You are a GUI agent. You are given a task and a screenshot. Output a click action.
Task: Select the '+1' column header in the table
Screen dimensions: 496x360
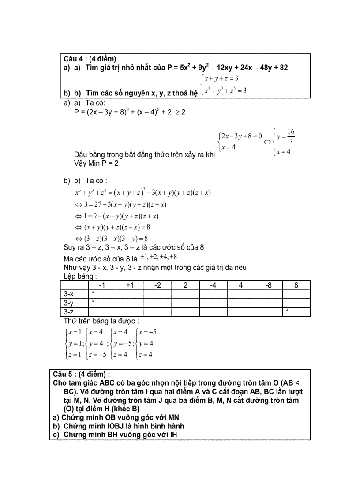pyautogui.click(x=130, y=285)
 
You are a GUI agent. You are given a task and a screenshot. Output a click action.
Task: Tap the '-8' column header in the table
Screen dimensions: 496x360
pyautogui.click(x=268, y=285)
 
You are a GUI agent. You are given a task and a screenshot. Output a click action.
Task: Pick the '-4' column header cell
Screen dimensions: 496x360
pyautogui.click(x=213, y=285)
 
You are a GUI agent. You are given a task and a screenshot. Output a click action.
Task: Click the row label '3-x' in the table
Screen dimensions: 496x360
pyautogui.click(x=69, y=294)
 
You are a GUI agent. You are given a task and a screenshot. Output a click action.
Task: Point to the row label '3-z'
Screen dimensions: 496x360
pyautogui.click(x=69, y=311)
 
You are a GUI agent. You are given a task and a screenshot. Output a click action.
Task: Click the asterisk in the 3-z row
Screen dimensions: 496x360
pyautogui.click(x=287, y=311)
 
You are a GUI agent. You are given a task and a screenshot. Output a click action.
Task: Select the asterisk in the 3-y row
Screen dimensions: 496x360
pyautogui.click(x=93, y=303)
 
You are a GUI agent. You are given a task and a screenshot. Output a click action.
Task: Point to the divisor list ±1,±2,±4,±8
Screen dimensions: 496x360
pyautogui.click(x=159, y=257)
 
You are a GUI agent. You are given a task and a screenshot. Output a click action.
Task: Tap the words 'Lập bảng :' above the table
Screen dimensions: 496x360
pyautogui.click(x=80, y=276)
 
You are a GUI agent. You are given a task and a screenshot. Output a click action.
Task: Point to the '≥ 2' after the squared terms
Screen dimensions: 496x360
pyautogui.click(x=180, y=112)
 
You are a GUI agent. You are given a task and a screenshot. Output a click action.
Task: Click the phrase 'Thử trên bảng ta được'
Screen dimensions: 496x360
pyautogui.click(x=101, y=321)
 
